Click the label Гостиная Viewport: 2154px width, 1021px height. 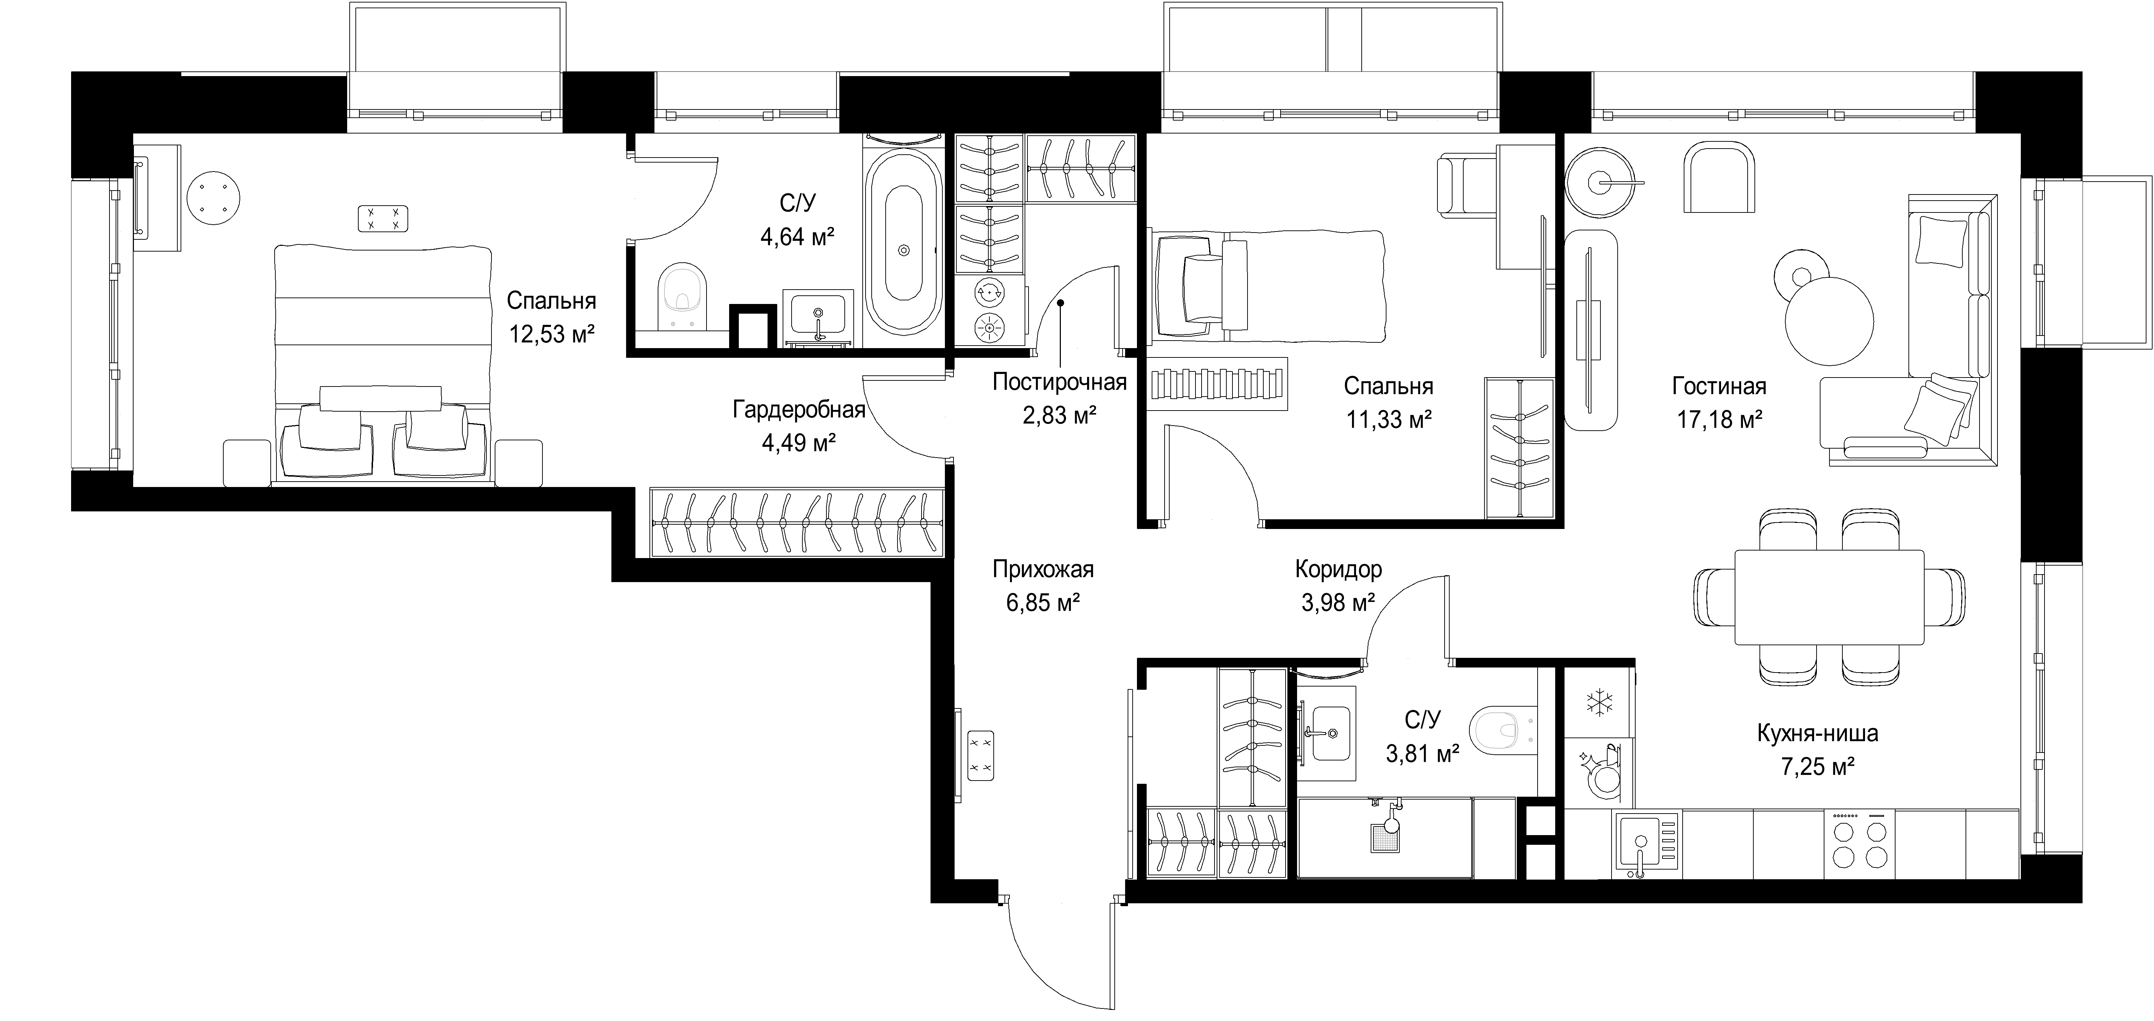(x=1719, y=386)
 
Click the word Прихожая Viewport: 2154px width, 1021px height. (x=1043, y=570)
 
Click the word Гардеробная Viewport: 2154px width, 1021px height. (x=798, y=410)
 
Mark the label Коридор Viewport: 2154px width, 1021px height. (x=1339, y=570)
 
